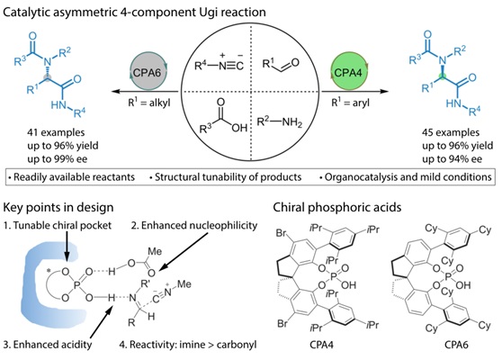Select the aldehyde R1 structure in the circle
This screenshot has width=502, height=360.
pos(280,64)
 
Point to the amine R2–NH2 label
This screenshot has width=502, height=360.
pos(280,122)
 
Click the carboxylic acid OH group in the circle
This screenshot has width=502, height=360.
pos(239,129)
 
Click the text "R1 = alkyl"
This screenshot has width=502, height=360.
pos(149,103)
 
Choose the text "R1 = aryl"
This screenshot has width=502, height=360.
pos(350,103)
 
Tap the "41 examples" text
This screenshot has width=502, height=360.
pos(56,132)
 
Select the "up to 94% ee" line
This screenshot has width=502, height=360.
pos(452,159)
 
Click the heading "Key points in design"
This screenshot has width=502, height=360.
pos(58,208)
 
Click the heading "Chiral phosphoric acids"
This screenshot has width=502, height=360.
pos(337,208)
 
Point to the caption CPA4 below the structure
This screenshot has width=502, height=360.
pos(321,345)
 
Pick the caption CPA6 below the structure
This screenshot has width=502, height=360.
pos(456,345)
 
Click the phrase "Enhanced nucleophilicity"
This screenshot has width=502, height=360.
pos(199,226)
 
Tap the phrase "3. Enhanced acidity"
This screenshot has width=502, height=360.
pos(48,345)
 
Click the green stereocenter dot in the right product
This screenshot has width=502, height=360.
pos(443,76)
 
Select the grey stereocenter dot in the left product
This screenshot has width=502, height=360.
pos(48,77)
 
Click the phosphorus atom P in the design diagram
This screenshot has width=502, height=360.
pos(76,284)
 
